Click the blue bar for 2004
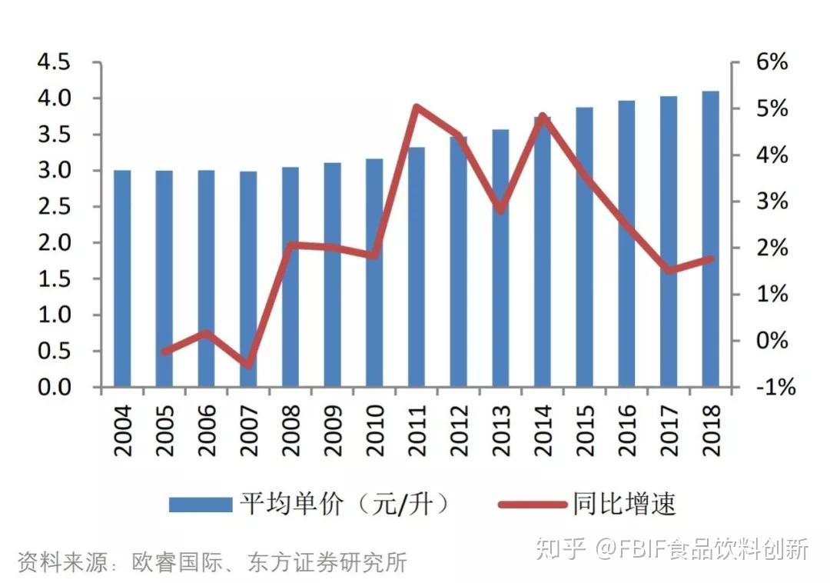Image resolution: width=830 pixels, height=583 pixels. click(x=122, y=278)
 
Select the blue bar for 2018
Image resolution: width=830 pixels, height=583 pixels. click(x=710, y=239)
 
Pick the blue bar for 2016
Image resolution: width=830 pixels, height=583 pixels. click(x=626, y=244)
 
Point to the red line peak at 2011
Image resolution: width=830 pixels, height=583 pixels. click(x=416, y=107)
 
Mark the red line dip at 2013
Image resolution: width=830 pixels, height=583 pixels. click(x=500, y=209)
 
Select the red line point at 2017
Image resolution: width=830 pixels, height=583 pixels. click(x=669, y=271)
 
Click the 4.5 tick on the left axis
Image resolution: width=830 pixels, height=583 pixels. click(x=54, y=62)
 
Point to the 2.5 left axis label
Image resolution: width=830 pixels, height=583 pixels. click(x=54, y=207)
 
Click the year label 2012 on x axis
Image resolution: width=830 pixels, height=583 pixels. click(x=459, y=431)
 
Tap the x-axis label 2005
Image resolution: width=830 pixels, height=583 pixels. click(x=164, y=431)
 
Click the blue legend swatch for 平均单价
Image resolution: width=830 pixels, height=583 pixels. click(x=200, y=505)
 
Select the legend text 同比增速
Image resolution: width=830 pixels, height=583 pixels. click(x=623, y=505)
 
